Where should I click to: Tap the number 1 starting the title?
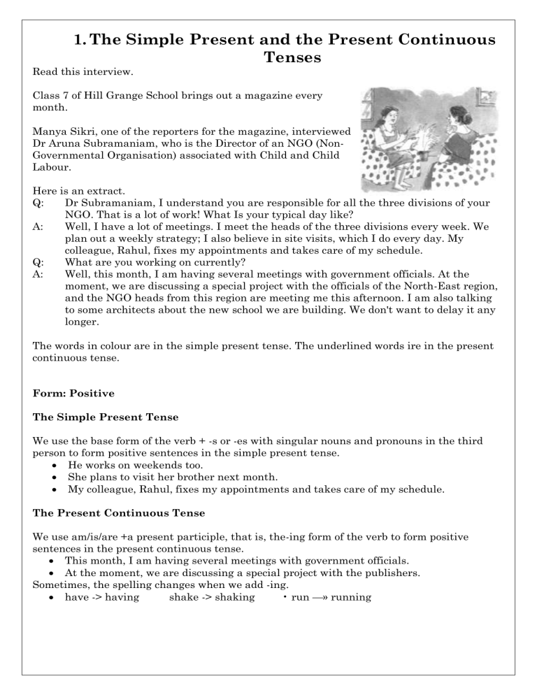click(x=79, y=40)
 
